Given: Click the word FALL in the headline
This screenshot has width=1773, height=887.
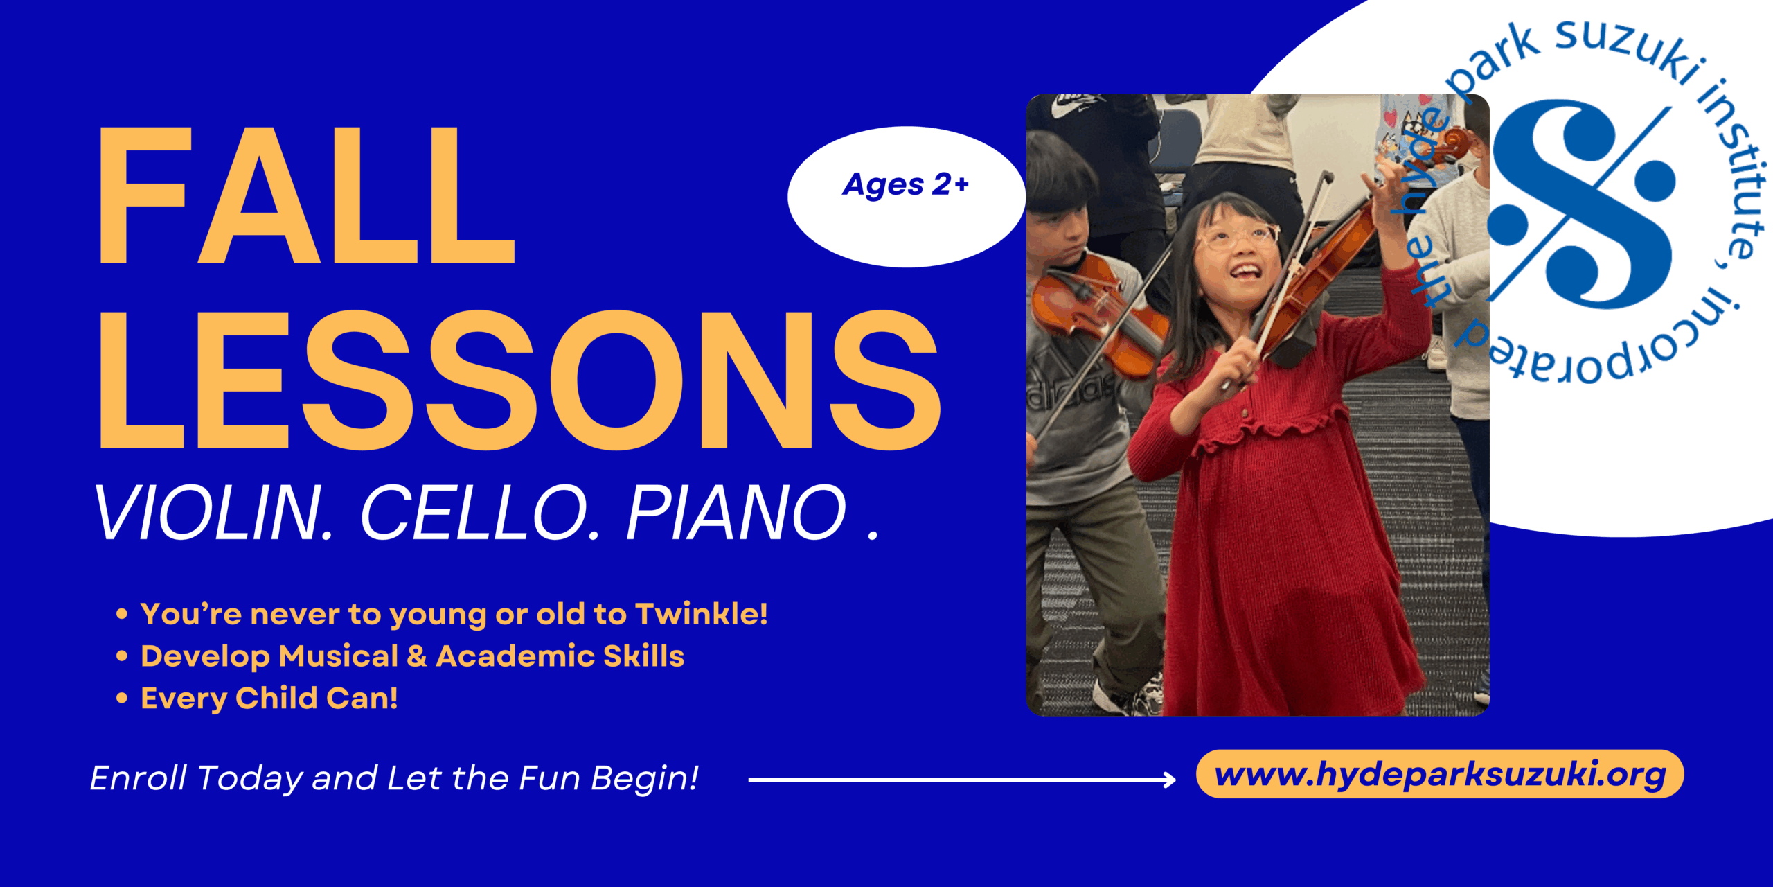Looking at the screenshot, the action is click(308, 195).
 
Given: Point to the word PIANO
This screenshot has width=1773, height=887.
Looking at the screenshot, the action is click(737, 513).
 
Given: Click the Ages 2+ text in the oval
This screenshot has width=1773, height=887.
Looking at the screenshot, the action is click(906, 185).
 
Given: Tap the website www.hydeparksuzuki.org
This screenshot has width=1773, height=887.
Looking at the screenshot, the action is click(1441, 775).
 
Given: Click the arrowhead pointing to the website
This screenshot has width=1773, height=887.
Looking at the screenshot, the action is click(1169, 780).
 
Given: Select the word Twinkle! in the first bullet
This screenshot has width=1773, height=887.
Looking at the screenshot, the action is click(702, 614).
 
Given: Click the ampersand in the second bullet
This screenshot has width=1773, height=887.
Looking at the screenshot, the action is click(417, 656).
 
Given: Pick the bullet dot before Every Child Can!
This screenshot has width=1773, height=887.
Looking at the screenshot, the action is click(122, 698).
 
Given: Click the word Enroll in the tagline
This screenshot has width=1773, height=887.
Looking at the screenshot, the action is click(139, 778).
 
